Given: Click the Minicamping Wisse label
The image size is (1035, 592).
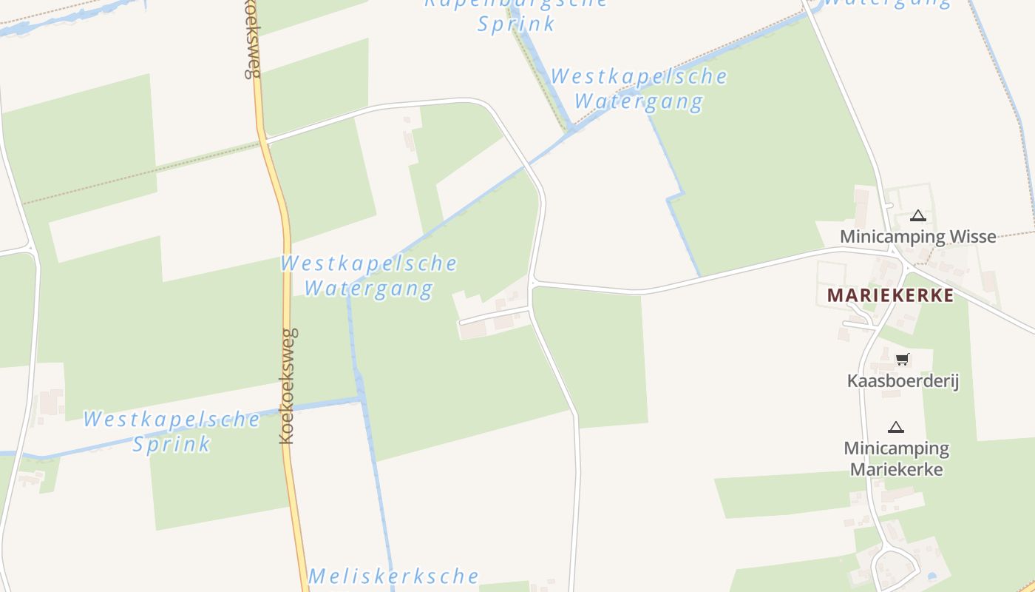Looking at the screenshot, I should (x=917, y=237).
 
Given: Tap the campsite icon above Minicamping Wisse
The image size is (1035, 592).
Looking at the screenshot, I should (x=918, y=216).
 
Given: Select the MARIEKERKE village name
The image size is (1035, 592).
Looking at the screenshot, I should (x=890, y=295).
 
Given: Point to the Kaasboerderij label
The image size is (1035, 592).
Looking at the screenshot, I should (x=903, y=381).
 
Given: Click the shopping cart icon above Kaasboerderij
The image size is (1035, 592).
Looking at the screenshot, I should (x=902, y=360).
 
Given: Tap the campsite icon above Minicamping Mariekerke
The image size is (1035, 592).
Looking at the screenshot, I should (x=896, y=427).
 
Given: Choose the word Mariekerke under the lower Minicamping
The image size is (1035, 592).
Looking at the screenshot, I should (x=896, y=469).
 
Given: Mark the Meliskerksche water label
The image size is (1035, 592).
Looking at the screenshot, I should (x=393, y=576).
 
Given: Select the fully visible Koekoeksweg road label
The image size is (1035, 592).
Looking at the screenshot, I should (x=288, y=386).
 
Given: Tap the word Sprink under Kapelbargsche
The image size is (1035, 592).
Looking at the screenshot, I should (x=516, y=24).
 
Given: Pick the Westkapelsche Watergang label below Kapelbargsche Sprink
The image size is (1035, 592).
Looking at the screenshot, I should (x=639, y=89).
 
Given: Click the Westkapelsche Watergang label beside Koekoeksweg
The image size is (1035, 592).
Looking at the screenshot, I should (x=369, y=275).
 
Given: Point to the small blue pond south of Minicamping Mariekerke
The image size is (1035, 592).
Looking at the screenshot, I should (x=931, y=575).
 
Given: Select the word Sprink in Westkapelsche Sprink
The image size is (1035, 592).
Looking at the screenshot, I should (x=172, y=444).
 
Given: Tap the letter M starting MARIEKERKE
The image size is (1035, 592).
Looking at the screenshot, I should (x=835, y=295).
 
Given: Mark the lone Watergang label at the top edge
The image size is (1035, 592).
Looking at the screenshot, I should (x=886, y=2).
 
